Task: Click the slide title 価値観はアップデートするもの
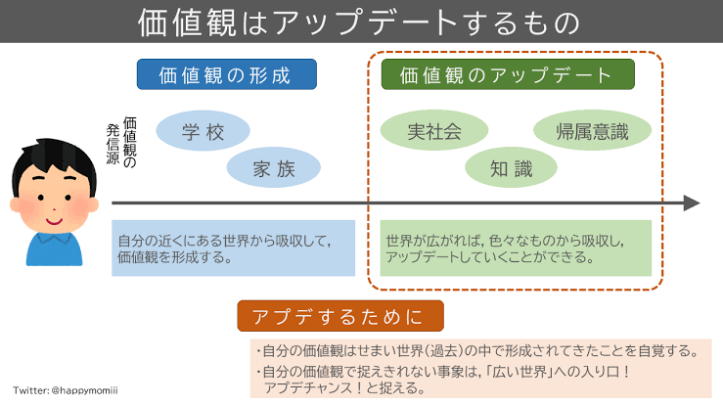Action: [360, 22]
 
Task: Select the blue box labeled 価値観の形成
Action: [226, 74]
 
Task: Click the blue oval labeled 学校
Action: [203, 131]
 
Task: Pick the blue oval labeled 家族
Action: [273, 167]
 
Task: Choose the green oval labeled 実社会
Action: [433, 132]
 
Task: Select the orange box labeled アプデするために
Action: [339, 316]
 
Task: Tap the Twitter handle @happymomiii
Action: [68, 389]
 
